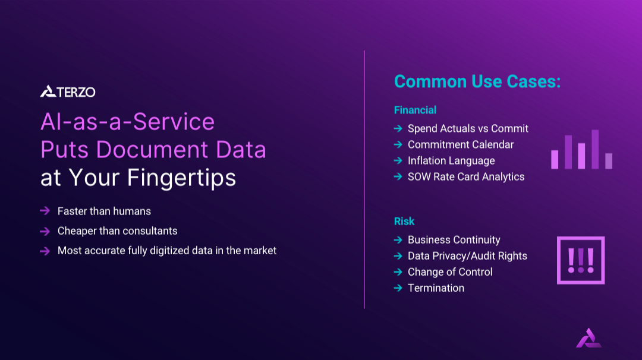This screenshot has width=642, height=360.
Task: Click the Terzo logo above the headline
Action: click(68, 91)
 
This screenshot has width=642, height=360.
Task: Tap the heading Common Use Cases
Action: click(477, 81)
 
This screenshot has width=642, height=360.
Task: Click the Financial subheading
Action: click(415, 110)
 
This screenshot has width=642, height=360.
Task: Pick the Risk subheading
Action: click(404, 221)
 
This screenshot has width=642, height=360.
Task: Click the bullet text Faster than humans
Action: click(104, 211)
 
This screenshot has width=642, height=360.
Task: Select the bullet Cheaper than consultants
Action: click(117, 230)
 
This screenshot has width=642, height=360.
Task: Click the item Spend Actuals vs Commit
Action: click(468, 128)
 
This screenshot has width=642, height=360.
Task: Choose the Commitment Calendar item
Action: click(461, 144)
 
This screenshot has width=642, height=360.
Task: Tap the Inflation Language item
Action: click(451, 160)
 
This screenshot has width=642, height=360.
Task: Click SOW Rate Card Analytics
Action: click(466, 176)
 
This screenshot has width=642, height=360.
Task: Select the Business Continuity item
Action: click(454, 240)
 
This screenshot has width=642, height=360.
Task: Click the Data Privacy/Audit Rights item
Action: click(467, 256)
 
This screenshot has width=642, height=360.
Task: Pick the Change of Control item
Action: click(450, 272)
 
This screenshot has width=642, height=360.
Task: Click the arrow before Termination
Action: click(398, 288)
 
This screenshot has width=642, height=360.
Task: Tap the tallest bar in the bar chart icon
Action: click(594, 149)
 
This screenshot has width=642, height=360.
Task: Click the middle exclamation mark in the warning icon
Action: click(581, 260)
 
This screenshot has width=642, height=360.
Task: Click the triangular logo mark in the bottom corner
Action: click(588, 337)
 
